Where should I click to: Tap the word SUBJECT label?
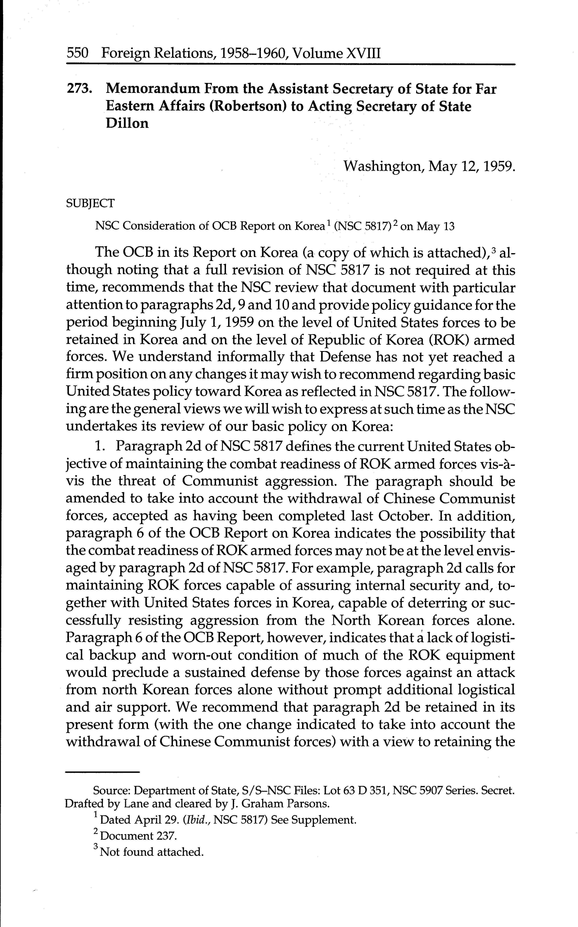pos(90,203)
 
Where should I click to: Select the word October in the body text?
pos(405,516)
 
